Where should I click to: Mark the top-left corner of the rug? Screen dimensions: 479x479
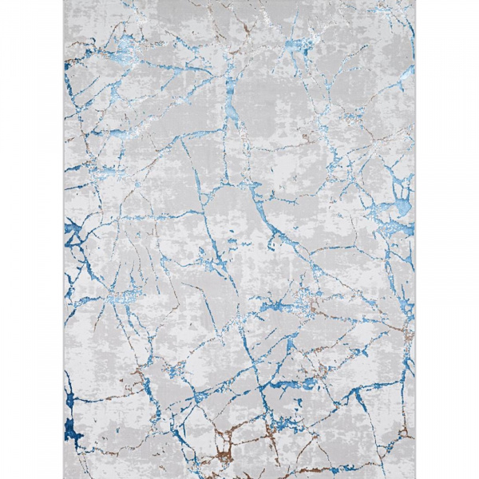point(64,2)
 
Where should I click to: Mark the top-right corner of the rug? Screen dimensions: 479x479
point(415,2)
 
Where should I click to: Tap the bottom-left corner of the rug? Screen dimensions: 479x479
point(64,477)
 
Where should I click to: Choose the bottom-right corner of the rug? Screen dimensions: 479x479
point(415,477)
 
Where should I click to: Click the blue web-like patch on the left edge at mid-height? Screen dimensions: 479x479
point(74,232)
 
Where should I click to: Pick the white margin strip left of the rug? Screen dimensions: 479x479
point(32,239)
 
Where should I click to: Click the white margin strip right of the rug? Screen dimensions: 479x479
point(447,239)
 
